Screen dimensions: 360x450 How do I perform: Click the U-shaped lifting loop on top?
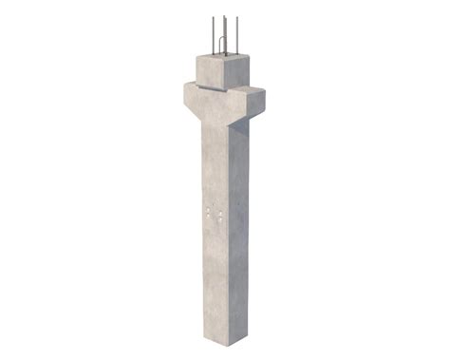221,46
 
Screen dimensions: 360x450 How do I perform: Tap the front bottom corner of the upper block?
227,89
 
